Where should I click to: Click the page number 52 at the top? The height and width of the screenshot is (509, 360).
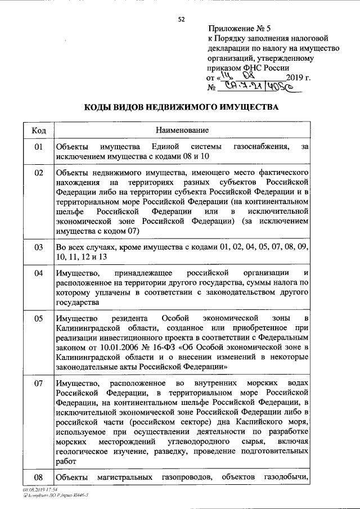[x=181, y=19]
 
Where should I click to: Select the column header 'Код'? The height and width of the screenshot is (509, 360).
[x=39, y=130]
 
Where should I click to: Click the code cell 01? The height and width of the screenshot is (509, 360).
[x=39, y=147]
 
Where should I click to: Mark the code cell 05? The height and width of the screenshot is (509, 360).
[x=39, y=318]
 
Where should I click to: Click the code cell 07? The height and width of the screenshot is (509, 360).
[x=39, y=384]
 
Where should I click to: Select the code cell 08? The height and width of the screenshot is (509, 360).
[x=39, y=478]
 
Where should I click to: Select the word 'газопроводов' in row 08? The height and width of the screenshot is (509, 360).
[x=184, y=478]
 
